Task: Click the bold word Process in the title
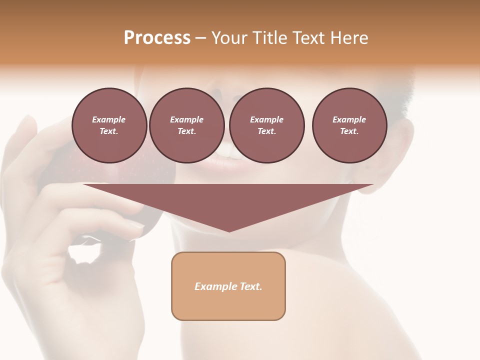click(157, 38)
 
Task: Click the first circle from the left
click(109, 125)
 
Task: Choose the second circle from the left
click(186, 125)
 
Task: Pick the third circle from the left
click(266, 125)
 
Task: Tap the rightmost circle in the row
click(349, 125)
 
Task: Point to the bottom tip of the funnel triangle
click(229, 230)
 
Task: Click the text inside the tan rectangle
click(228, 286)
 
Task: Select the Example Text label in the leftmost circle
click(109, 125)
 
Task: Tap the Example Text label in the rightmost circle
click(349, 125)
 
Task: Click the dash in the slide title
click(200, 38)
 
